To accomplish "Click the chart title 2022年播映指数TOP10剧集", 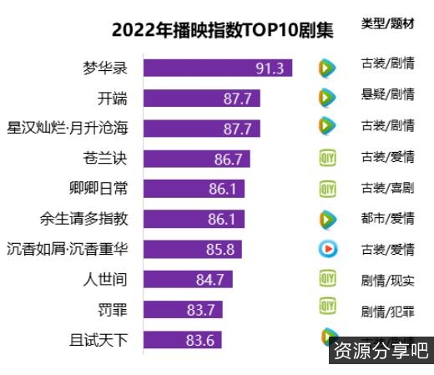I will coord(222,31).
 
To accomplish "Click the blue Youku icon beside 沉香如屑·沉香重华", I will coord(328,249).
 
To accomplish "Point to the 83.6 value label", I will coord(202,340).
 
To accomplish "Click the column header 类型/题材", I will coord(387,24).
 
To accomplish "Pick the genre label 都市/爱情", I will coord(387,219).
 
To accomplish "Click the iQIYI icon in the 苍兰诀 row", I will coord(327,158).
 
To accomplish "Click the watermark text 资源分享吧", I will coord(381,350).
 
